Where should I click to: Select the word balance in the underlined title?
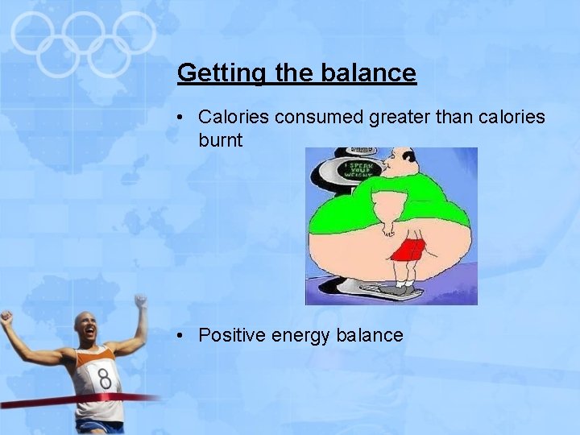coord(368,73)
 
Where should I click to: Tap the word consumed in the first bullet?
coord(319,118)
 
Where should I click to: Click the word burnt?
coord(220,140)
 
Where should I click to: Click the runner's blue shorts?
coord(101,426)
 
